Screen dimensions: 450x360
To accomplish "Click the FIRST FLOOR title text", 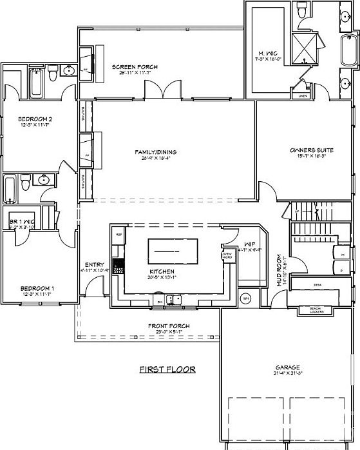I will [167, 370].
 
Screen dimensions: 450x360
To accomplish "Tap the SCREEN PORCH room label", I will [131, 67].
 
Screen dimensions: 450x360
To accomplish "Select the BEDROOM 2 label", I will [34, 120].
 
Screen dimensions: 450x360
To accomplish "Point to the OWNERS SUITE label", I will [310, 150].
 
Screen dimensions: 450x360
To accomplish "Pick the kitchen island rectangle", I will [172, 248].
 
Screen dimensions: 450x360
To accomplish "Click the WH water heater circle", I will [245, 298].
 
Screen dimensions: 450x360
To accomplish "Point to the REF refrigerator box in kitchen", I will [118, 235].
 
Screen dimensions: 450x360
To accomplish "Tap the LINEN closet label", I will [302, 96].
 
